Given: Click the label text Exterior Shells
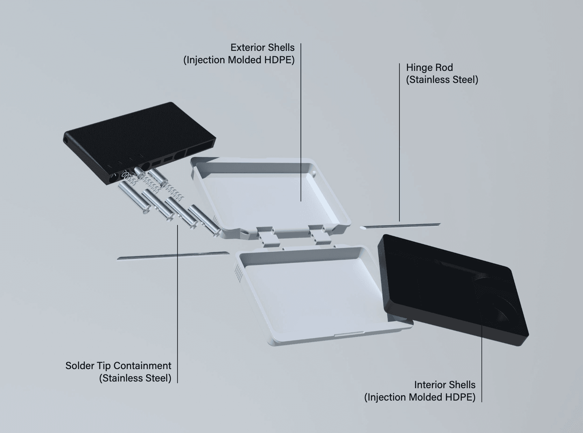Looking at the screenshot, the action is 263,48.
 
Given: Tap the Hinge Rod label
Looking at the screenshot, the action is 429,67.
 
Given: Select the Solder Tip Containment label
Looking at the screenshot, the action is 118,366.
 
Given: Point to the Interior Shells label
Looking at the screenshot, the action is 445,385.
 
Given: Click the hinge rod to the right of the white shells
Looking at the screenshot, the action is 400,226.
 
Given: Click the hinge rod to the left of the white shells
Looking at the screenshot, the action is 173,256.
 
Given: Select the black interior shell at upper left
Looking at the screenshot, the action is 140,143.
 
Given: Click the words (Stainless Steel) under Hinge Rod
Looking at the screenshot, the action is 442,80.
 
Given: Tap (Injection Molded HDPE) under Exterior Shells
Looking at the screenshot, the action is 239,60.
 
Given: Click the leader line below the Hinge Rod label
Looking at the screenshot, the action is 400,142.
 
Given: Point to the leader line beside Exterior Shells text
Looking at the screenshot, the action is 301,122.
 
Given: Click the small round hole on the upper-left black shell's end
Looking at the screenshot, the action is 66,140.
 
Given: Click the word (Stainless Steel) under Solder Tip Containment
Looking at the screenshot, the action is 135,378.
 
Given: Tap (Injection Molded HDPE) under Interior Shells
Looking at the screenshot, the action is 420,397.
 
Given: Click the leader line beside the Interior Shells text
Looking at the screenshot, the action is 481,364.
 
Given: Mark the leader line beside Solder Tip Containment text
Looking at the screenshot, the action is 178,304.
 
